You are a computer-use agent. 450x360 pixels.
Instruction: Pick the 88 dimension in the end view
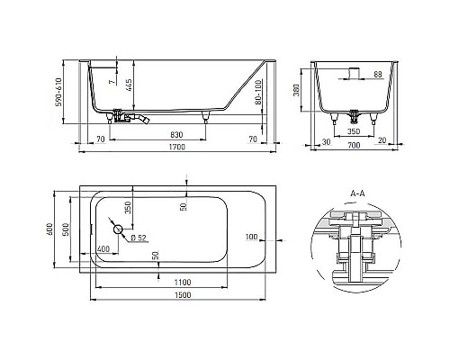(x=377, y=73)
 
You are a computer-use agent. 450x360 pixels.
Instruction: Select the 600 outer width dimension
(x=51, y=229)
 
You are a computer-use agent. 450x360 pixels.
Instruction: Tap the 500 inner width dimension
(x=67, y=229)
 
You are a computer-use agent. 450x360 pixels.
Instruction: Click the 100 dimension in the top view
(x=250, y=236)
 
